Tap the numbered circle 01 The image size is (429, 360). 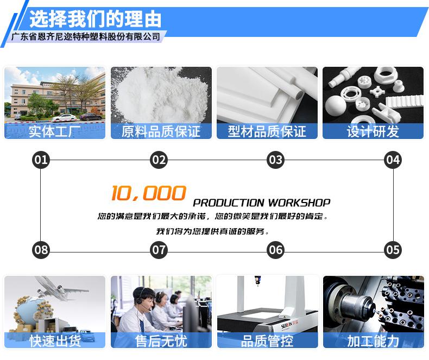point(41,160)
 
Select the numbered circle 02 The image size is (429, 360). point(159,160)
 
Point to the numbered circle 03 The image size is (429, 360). point(276,160)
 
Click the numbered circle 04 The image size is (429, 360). point(393,160)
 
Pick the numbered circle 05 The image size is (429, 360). point(393,250)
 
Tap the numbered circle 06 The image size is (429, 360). point(276,250)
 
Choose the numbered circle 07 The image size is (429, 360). point(159,250)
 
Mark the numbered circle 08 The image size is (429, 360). point(41,250)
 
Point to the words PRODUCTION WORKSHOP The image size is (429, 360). point(261,203)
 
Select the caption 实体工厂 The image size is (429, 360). point(54,131)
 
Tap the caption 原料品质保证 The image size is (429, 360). point(161,131)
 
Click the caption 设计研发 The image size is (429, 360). point(373,131)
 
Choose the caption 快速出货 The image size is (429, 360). point(54,341)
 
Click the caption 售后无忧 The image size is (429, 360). point(161,341)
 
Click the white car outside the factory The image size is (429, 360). point(64,117)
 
